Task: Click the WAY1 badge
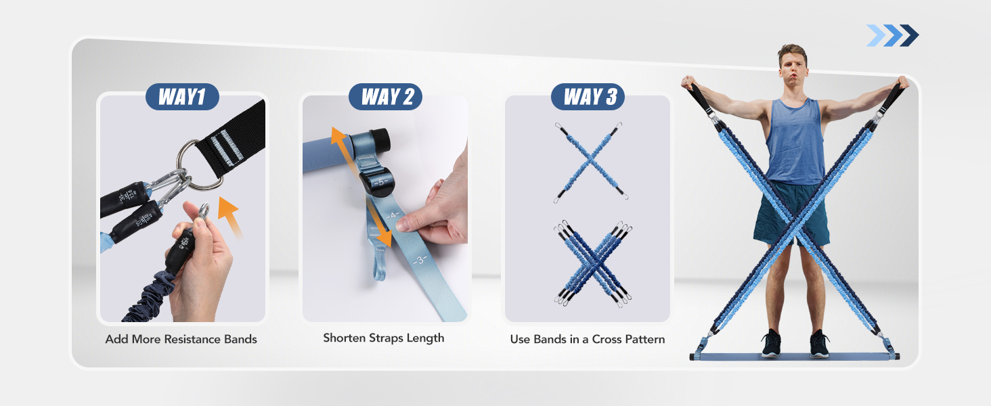pyautogui.click(x=182, y=97)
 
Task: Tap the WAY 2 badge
pyautogui.click(x=385, y=97)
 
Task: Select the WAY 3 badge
pyautogui.click(x=588, y=97)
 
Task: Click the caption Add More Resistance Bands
pyautogui.click(x=181, y=339)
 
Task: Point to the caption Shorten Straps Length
pyautogui.click(x=384, y=338)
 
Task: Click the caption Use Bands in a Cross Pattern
pyautogui.click(x=588, y=339)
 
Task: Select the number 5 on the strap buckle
pyautogui.click(x=380, y=182)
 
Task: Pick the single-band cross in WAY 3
pyautogui.click(x=588, y=162)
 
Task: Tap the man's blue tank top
pyautogui.click(x=795, y=142)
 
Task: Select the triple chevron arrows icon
pyautogui.click(x=892, y=35)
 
